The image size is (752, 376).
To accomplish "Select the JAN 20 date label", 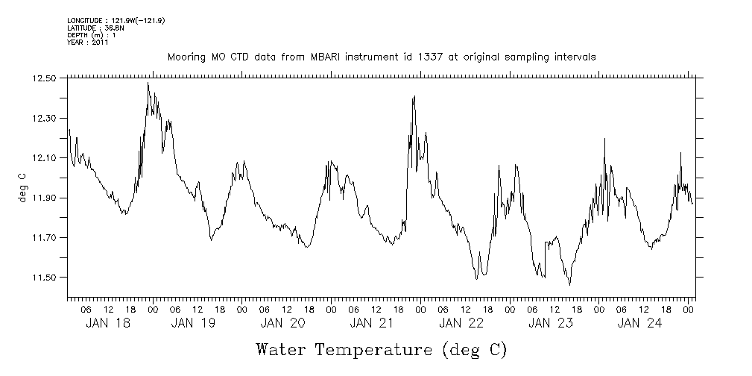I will [282, 323].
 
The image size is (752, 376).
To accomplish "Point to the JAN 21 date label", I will [371, 323].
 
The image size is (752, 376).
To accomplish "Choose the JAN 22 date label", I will [461, 323].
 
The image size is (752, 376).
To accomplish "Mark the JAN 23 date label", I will [550, 323].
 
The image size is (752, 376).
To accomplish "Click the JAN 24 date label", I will [639, 323].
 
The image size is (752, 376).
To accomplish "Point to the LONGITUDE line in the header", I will [116, 20].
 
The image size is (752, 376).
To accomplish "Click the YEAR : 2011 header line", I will [88, 43].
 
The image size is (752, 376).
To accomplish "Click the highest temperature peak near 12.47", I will [148, 84].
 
